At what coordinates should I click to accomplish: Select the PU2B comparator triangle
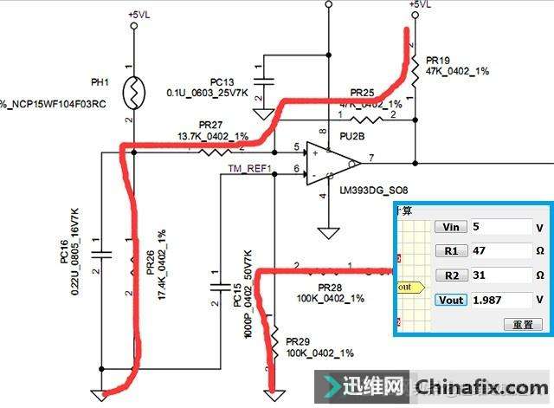point(332,162)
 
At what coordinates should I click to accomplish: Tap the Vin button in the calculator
point(450,227)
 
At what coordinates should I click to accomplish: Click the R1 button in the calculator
point(450,251)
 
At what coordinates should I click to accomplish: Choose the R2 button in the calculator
point(450,275)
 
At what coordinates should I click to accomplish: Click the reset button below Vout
point(523,325)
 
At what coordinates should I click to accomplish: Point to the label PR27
point(211,125)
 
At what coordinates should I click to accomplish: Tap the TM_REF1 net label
point(249,168)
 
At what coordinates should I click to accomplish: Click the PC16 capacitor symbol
point(102,254)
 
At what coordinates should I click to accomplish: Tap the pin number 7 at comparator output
point(370,156)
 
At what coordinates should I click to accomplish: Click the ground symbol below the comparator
point(326,232)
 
